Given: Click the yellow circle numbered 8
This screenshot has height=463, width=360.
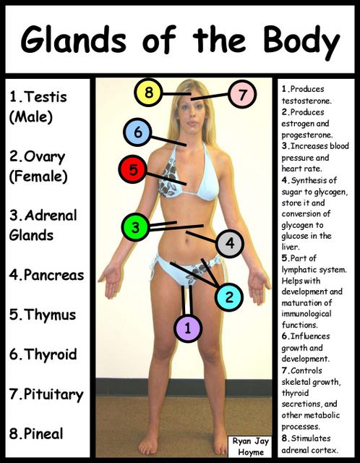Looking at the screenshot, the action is (148, 93).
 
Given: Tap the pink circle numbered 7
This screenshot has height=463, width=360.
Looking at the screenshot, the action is (242, 95).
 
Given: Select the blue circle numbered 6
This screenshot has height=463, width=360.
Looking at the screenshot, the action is (137, 132).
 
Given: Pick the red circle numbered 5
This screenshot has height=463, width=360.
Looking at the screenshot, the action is (133, 169).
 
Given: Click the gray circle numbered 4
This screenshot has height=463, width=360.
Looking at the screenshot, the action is (230, 243).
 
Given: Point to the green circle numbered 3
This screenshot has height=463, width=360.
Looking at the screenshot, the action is (135, 227).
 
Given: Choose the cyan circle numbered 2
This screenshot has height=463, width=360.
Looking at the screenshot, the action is (229, 297).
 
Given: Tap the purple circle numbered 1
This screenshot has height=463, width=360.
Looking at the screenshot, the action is (188, 328).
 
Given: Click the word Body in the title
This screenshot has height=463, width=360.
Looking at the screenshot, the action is (301, 41).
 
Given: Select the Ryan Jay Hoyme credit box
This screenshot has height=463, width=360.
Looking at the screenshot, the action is (251, 447).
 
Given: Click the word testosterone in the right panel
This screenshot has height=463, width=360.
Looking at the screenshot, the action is (307, 101).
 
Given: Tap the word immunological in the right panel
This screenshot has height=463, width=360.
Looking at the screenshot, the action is (307, 314).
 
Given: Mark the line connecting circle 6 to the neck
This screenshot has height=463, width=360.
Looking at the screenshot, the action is (168, 140).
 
